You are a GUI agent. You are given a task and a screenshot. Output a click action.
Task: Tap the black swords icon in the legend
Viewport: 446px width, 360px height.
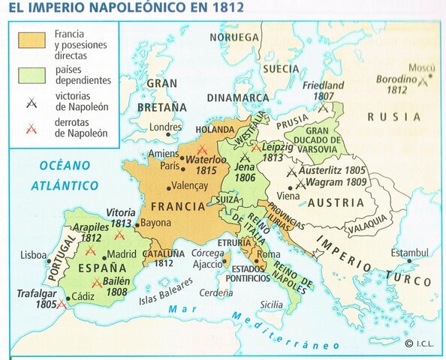29,103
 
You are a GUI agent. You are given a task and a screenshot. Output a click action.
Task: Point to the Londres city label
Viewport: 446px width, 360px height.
166,127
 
